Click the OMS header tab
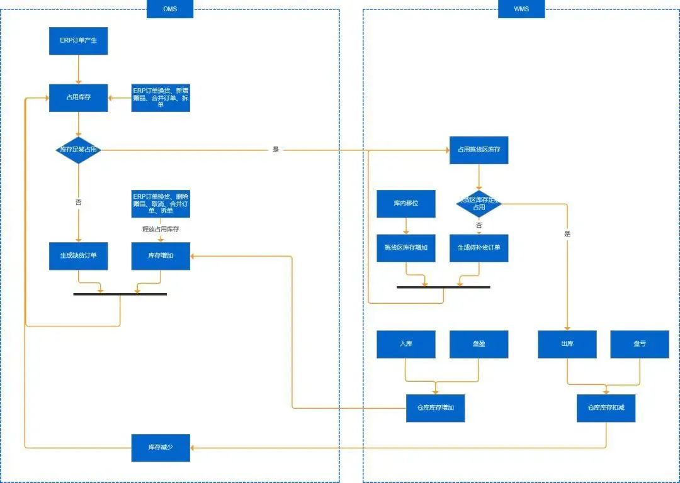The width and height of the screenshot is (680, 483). point(170,9)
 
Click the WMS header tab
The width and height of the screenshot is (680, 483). point(521,9)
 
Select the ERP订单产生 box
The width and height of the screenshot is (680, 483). point(79,41)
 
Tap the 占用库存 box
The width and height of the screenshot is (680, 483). point(79,97)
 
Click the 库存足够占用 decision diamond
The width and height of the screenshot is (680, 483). point(79,150)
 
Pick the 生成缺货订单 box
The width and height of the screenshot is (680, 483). point(79,256)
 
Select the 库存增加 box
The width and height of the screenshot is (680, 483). point(161,256)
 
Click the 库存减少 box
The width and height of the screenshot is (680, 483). point(161,447)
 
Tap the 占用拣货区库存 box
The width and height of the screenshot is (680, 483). point(479,150)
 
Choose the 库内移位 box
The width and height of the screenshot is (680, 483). point(406,204)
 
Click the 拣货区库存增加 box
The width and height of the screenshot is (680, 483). point(406,248)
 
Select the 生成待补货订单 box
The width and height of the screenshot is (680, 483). point(479,248)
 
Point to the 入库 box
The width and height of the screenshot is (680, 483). point(406,344)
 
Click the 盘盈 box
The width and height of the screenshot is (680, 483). point(479,344)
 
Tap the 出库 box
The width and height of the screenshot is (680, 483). point(567,344)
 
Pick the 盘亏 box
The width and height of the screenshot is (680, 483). point(640,344)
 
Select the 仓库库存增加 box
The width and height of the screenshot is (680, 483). point(436,408)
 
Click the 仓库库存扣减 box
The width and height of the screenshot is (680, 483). point(606,408)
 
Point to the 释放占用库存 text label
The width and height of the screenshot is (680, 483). point(161,230)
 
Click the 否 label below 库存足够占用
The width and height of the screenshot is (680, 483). point(79,203)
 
